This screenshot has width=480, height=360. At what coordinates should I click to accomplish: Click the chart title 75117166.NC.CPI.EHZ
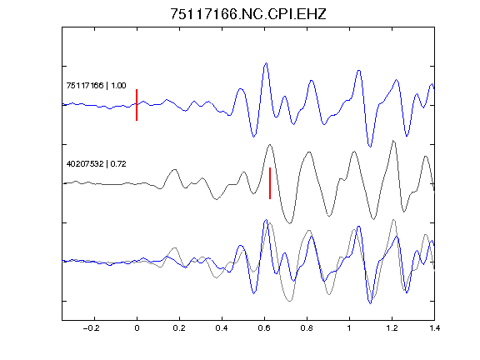pos(248,14)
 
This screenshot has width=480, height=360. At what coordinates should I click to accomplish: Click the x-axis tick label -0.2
pos(91,328)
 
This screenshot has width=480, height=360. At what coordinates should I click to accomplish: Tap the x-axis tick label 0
pos(137,328)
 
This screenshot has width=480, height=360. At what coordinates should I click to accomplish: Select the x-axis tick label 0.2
pos(179,328)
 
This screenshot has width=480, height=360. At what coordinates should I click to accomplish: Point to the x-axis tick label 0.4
pos(222,328)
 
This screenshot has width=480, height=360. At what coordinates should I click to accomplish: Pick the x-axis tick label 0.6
pos(264,328)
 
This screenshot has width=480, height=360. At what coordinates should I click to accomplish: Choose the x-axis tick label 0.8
pos(307,328)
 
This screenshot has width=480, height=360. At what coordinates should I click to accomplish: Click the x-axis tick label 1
pos(349,328)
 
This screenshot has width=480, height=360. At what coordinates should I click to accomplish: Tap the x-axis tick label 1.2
pos(392,328)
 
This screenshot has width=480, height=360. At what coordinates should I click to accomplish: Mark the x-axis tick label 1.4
pos(434,328)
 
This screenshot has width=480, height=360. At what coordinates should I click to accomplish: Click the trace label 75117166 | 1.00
pos(96,85)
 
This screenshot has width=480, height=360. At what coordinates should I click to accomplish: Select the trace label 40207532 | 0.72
pos(96,164)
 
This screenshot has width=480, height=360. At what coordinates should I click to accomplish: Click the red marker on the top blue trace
pos(137,105)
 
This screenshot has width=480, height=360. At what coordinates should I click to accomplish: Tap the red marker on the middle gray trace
pos(270,183)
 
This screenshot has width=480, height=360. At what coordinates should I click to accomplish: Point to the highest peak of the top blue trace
pos(266,63)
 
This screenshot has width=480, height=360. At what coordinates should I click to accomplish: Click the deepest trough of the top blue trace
pos(370,147)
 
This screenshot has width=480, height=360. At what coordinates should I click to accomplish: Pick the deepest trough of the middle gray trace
pos(289,222)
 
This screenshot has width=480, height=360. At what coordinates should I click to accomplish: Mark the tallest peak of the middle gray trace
pos(393,141)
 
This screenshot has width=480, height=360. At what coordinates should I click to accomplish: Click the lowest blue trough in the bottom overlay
pos(370,303)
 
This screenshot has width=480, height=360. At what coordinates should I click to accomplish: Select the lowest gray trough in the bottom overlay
pos(290,301)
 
